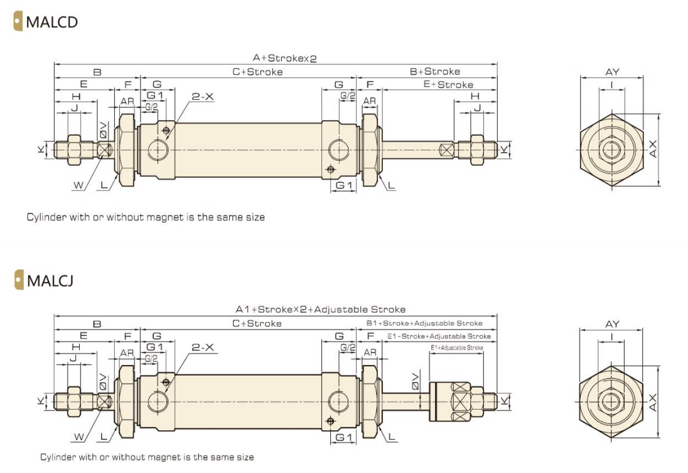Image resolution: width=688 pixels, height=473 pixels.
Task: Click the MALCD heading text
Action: tap(51, 22)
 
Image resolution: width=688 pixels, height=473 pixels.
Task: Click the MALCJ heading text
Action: tap(50, 280)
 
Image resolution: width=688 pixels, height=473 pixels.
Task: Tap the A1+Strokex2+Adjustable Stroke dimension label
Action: tap(320, 309)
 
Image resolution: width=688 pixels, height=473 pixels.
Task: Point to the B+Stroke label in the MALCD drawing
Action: tap(434, 72)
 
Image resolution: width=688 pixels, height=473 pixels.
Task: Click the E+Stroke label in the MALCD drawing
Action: tap(448, 85)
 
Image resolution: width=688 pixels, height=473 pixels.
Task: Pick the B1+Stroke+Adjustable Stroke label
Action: tap(424, 323)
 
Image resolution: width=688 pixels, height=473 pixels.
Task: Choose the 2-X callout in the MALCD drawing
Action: tap(203, 97)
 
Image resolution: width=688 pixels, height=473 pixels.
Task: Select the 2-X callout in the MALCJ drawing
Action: tap(203, 347)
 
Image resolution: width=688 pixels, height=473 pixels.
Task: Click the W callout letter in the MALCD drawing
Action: tap(77, 185)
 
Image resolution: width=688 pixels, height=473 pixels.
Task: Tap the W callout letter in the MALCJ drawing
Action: tap(77, 437)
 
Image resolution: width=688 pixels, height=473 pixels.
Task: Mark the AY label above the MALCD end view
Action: tap(612, 72)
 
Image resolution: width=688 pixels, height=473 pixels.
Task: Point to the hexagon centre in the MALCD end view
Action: tap(611, 150)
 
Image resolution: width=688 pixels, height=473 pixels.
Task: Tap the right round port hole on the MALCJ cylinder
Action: tap(338, 401)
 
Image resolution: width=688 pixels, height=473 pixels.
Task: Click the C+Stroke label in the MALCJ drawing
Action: tap(257, 323)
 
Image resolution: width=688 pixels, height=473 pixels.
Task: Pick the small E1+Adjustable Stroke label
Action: tap(456, 347)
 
